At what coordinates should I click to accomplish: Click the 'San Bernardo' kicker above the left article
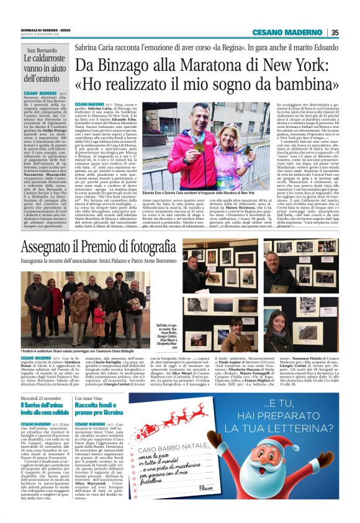click(x=40, y=50)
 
